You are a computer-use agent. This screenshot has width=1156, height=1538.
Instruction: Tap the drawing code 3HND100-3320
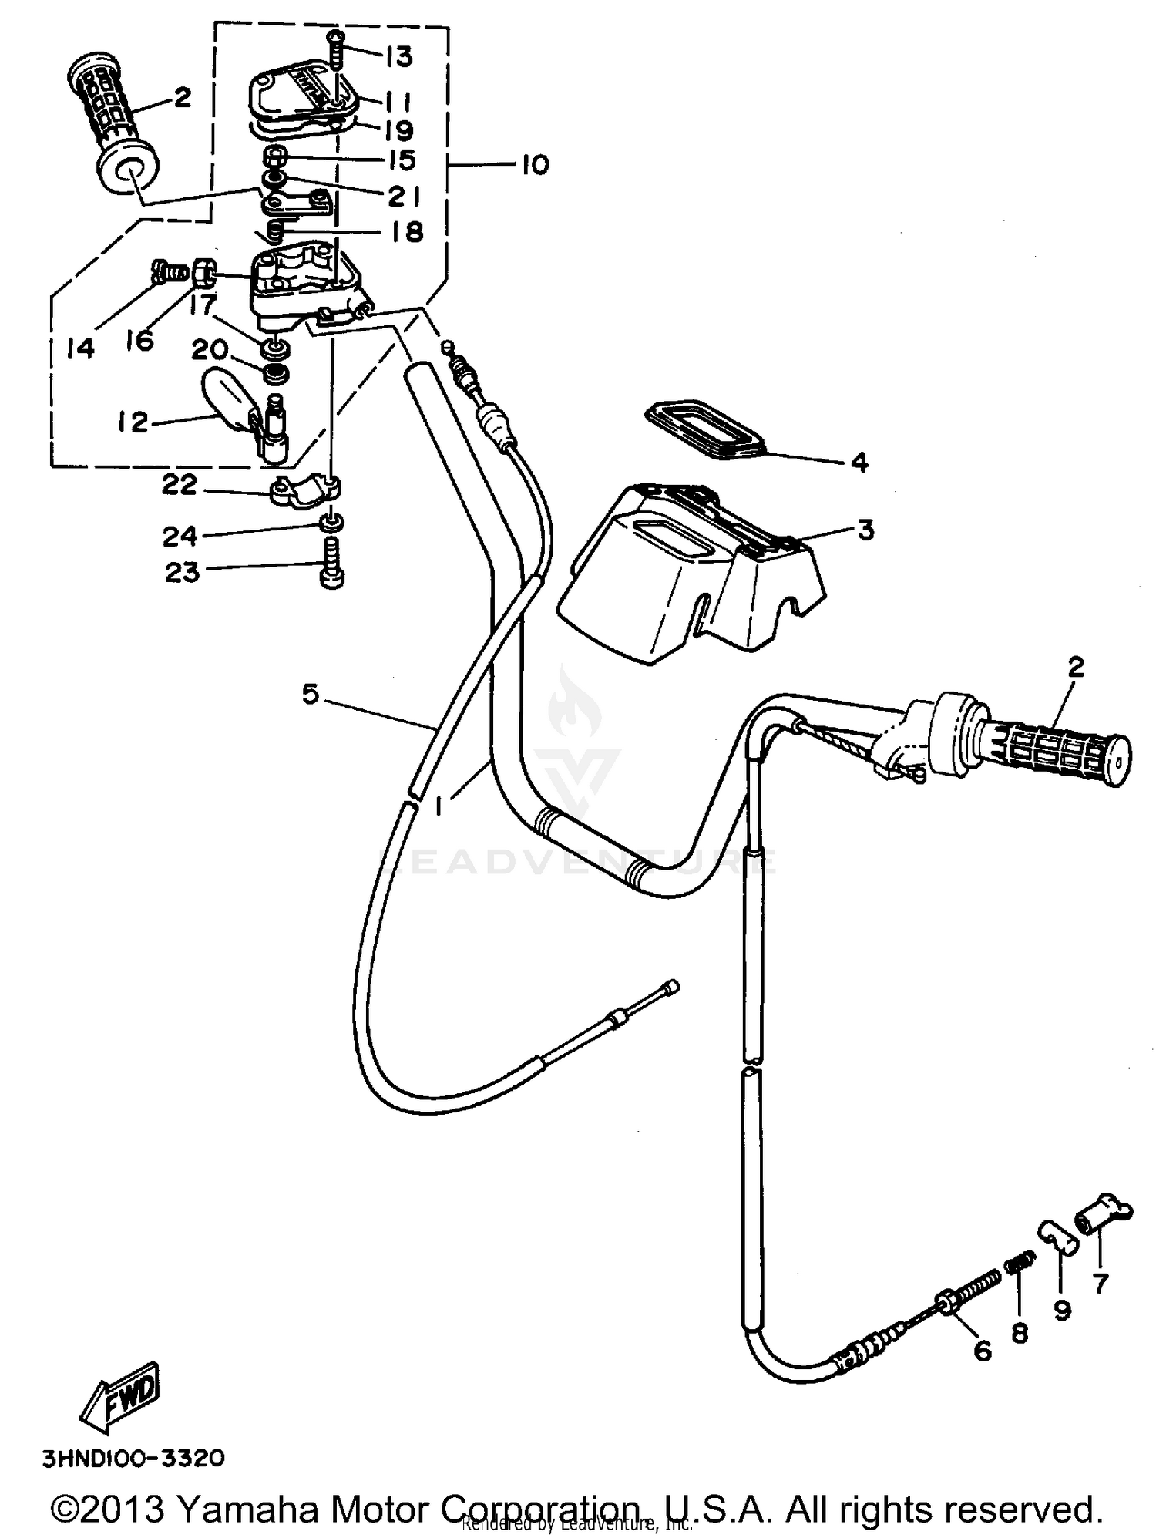coord(133,1459)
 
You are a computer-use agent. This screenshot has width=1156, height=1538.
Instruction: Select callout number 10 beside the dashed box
coord(535,165)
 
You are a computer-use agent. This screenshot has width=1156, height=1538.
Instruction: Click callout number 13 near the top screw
coord(399,56)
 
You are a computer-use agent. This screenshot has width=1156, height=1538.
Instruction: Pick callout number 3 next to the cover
coord(865,530)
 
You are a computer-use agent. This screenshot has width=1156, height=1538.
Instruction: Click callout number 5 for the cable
coord(310,695)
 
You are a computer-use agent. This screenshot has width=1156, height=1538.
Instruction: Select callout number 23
coord(183,572)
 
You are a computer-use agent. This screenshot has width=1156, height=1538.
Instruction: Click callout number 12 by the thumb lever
coord(133,422)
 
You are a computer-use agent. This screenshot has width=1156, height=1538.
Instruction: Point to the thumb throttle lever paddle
coord(225,393)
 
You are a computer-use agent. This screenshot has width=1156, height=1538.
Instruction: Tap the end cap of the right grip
coord(1118,759)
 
